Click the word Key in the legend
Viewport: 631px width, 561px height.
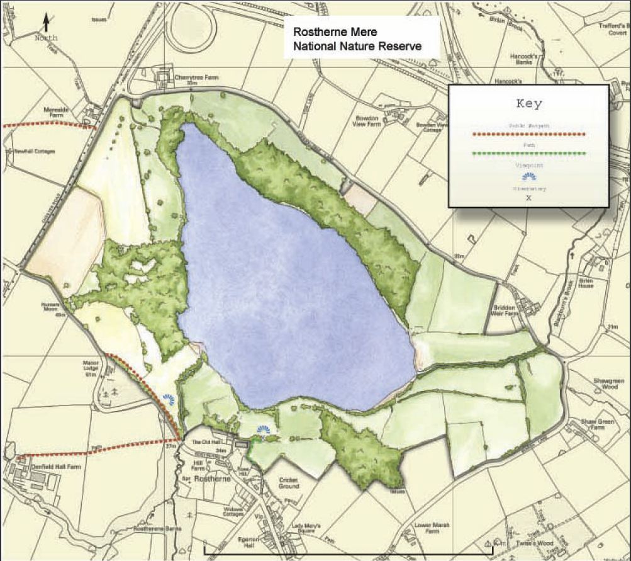tap(528, 103)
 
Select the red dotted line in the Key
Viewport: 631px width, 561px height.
tap(528, 134)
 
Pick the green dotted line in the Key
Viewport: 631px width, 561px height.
tap(528, 154)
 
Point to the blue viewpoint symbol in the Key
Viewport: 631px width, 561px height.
tap(528, 177)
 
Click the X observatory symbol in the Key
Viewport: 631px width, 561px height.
tap(528, 197)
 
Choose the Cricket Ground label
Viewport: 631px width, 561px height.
tap(289, 483)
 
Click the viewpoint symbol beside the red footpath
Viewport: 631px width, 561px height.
tap(169, 398)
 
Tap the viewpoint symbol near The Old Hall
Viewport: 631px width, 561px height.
tap(263, 431)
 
